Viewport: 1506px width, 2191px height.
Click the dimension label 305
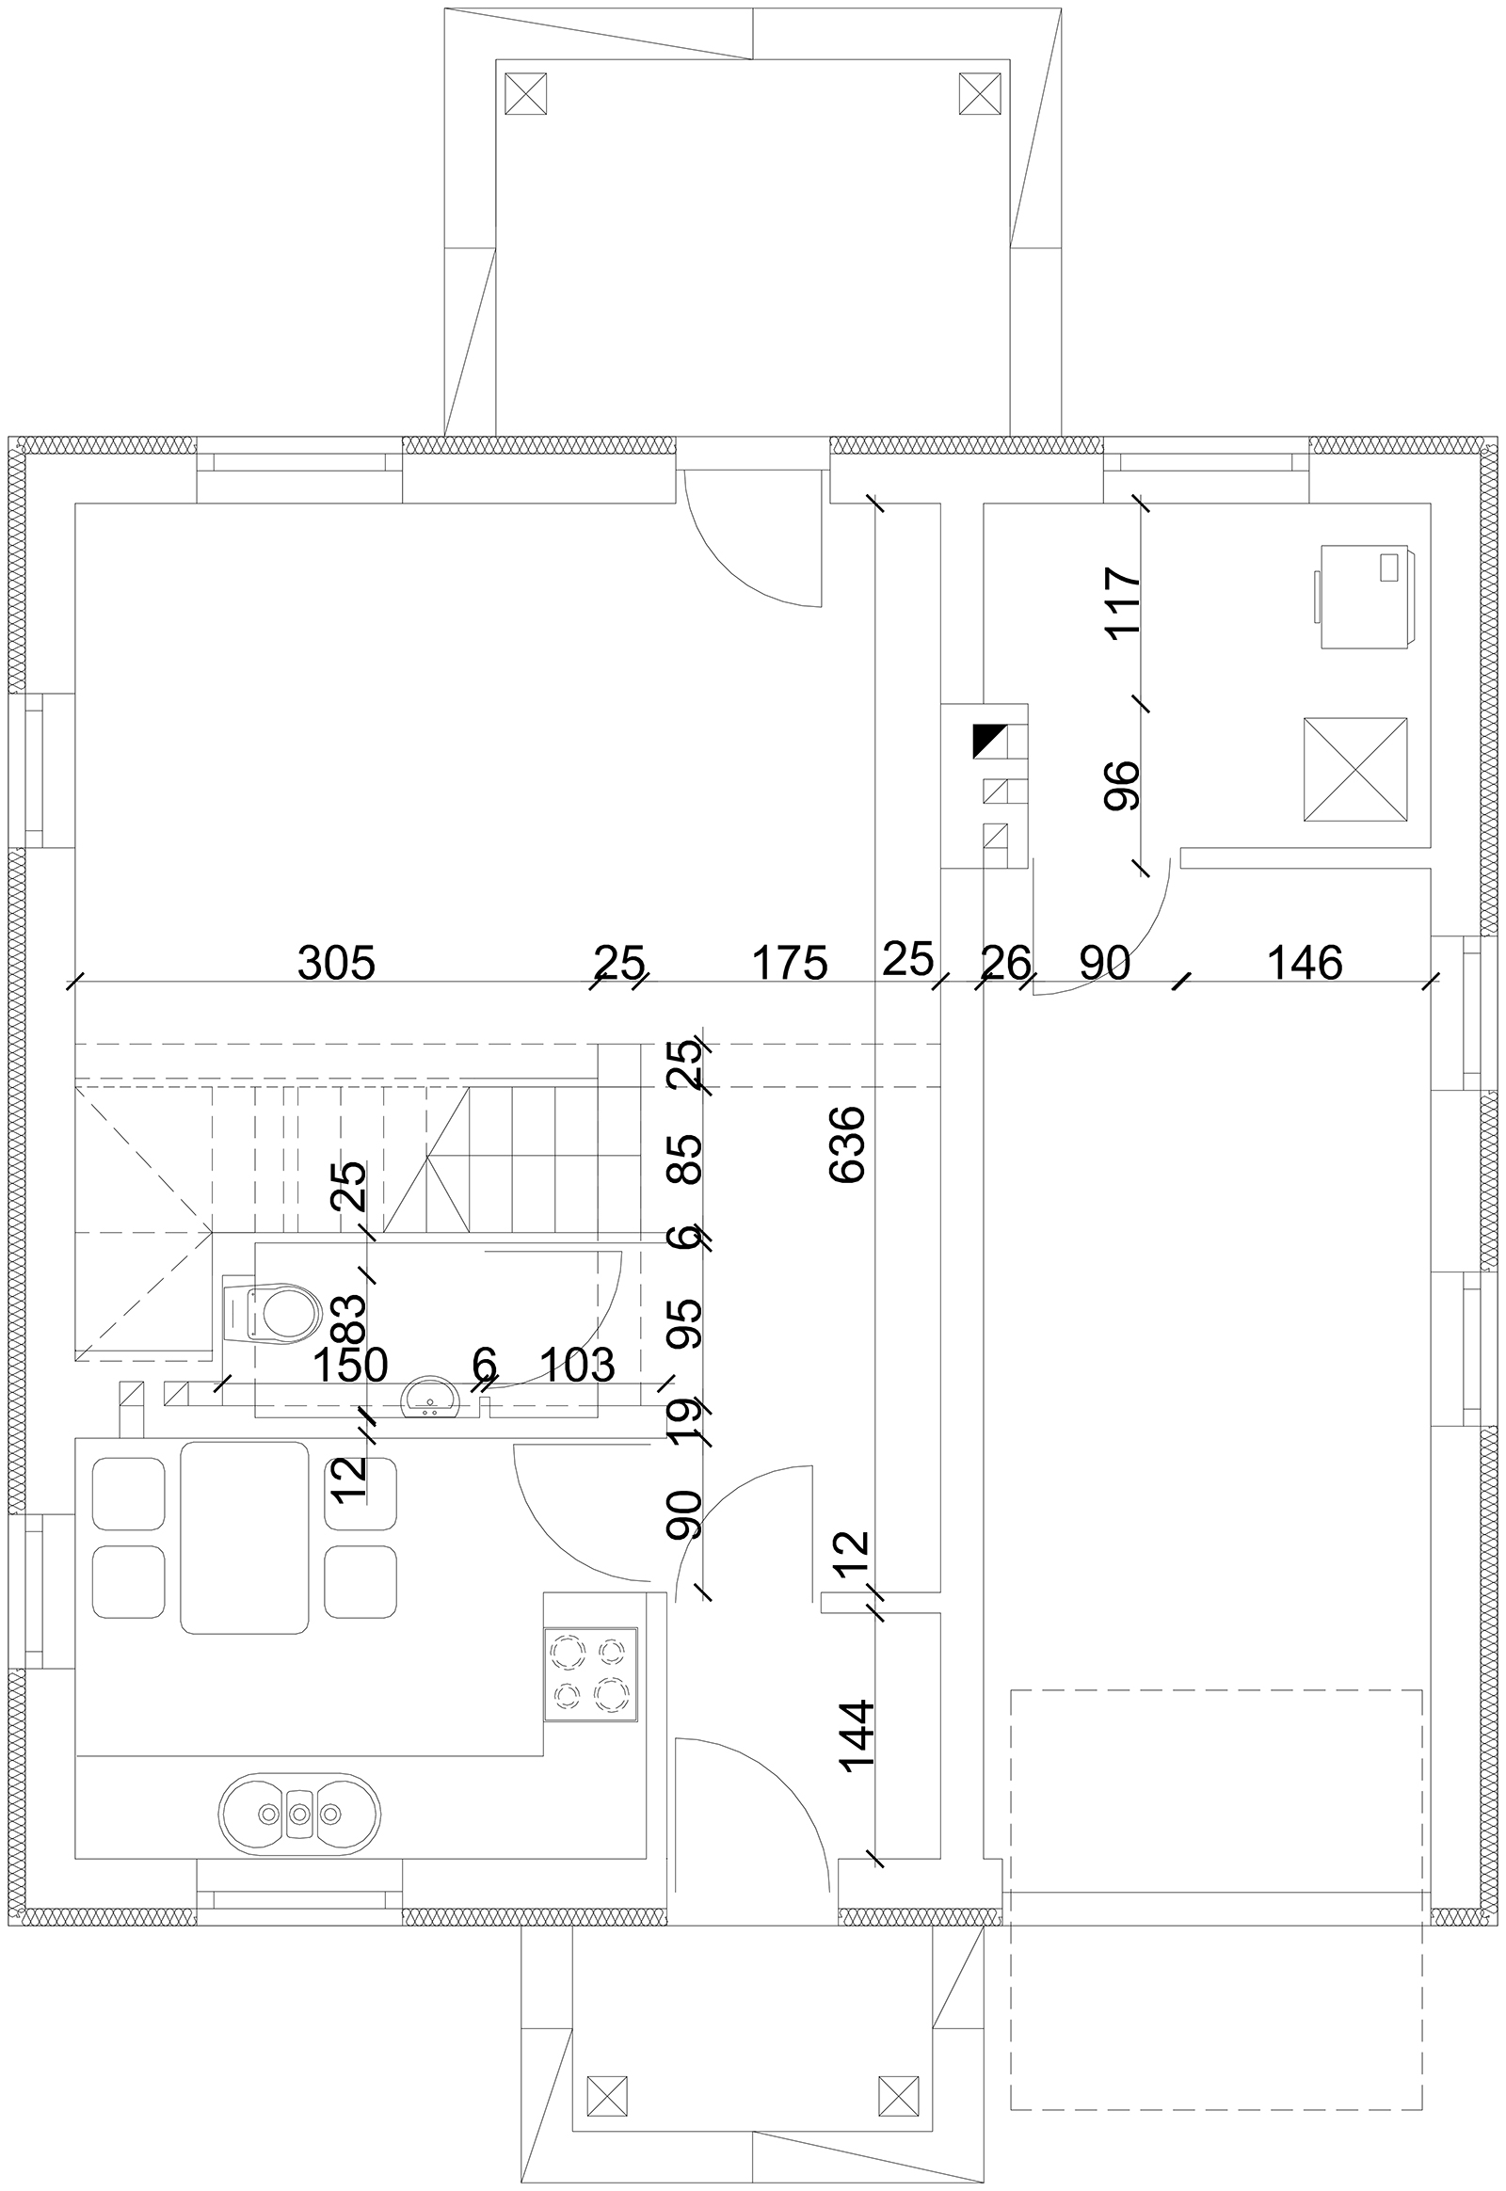(x=336, y=964)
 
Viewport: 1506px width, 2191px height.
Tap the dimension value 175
(x=790, y=964)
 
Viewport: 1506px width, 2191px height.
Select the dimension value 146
(x=1304, y=964)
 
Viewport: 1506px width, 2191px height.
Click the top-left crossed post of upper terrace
(x=525, y=93)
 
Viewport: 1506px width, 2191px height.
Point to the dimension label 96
(x=1123, y=785)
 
